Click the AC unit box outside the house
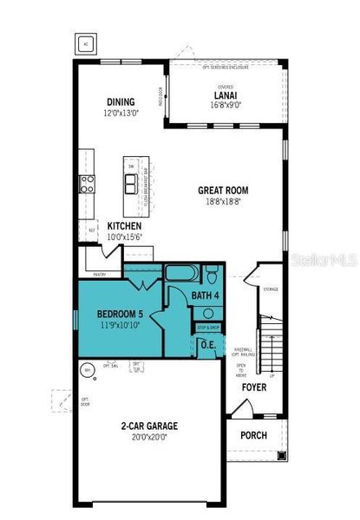click(x=86, y=42)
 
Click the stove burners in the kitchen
click(x=88, y=183)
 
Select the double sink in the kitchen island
click(x=130, y=183)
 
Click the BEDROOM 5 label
click(x=119, y=313)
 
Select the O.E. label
click(x=208, y=344)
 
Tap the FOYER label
click(x=253, y=387)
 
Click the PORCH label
click(x=253, y=435)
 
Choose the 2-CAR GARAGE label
click(x=149, y=426)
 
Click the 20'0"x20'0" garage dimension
click(x=149, y=437)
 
